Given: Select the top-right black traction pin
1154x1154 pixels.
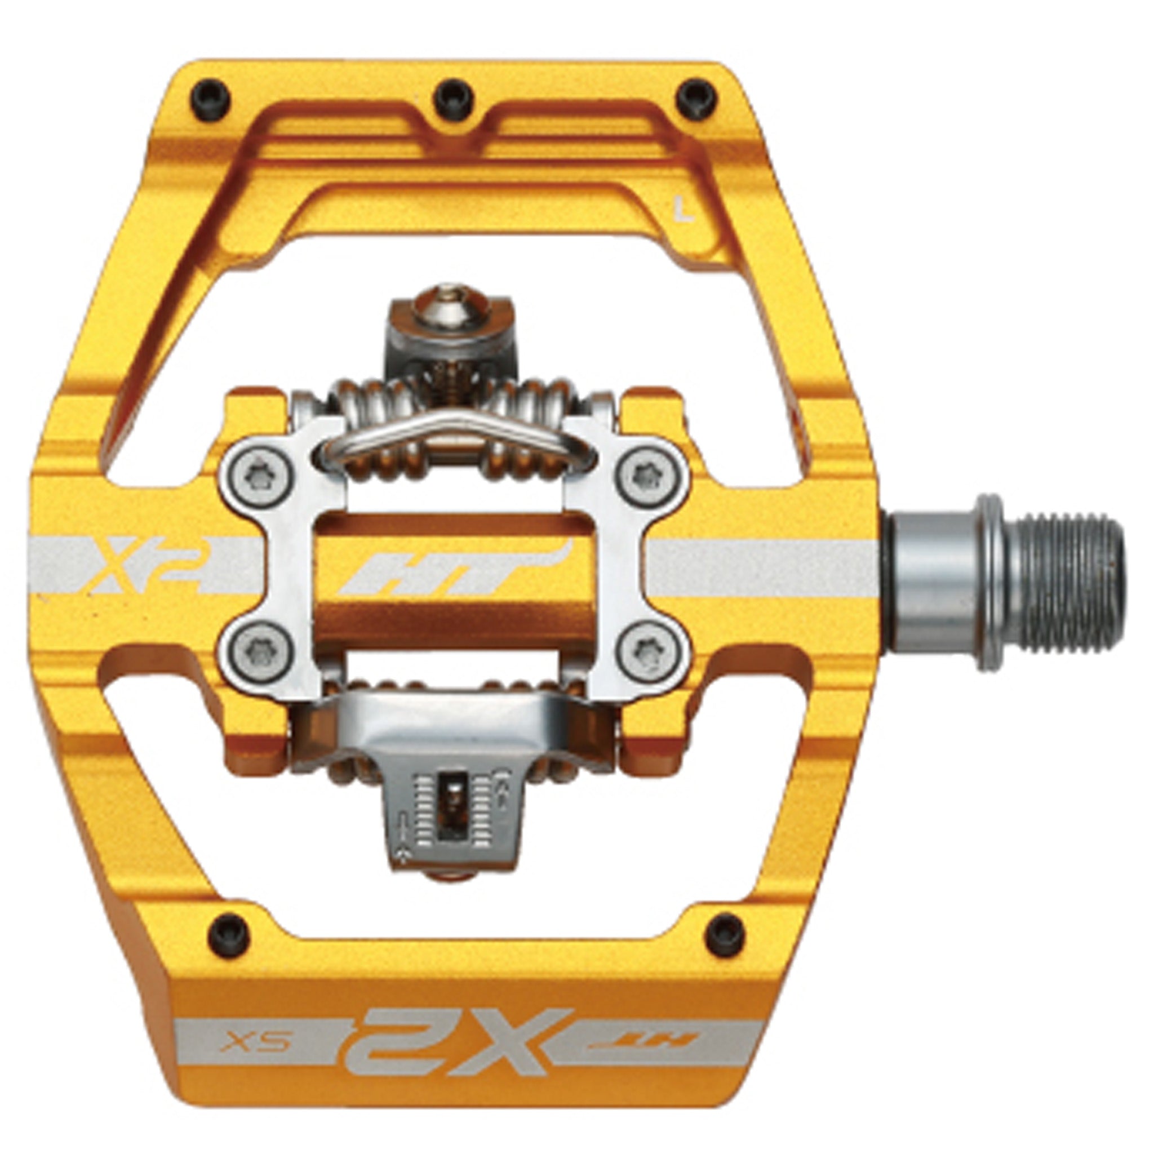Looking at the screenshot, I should click(x=696, y=97).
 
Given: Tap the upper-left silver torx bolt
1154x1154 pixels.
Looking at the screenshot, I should click(x=256, y=476).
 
